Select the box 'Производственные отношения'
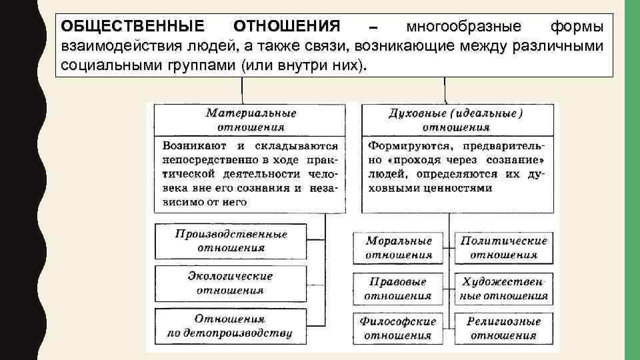(x=231, y=241)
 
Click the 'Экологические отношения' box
(x=231, y=283)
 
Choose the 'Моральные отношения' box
(x=399, y=247)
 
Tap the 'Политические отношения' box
(x=504, y=247)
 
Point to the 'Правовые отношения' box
(x=399, y=289)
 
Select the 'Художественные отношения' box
(x=504, y=289)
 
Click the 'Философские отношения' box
(x=399, y=328)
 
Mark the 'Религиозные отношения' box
(x=504, y=328)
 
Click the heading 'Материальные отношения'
(x=251, y=120)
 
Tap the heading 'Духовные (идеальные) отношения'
(x=456, y=120)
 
